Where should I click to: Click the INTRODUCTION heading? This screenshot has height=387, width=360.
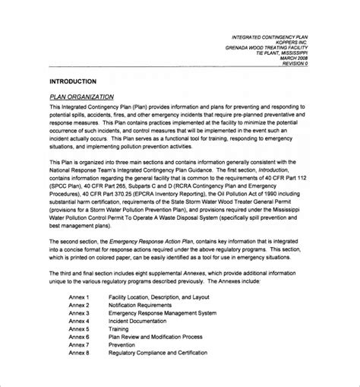click(72, 81)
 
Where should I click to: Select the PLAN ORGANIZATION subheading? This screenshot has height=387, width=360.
click(81, 97)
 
